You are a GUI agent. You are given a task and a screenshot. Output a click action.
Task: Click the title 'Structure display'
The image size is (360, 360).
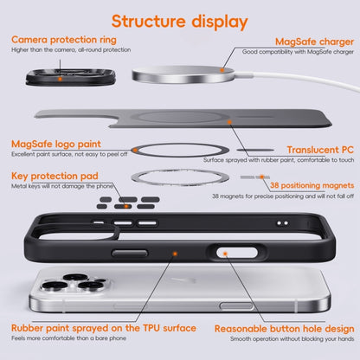click(x=179, y=20)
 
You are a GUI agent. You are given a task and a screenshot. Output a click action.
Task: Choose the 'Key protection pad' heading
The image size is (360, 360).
click(x=54, y=176)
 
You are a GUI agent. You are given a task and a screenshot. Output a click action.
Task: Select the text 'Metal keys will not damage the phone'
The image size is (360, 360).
click(x=61, y=188)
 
